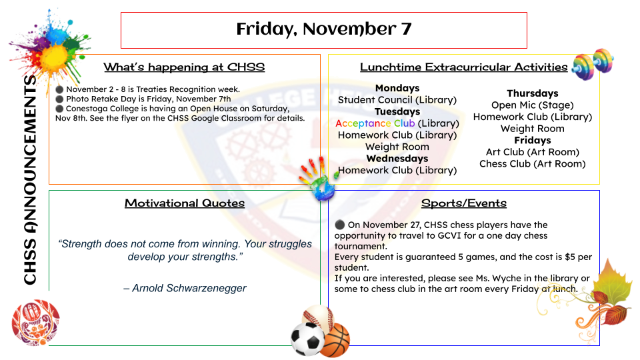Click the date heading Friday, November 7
[324, 29]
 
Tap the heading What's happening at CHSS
[184, 67]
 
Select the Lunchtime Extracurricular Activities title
[464, 67]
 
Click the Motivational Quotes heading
[185, 203]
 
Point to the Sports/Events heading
[464, 203]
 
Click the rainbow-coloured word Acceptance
[363, 123]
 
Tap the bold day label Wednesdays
[397, 159]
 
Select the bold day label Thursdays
[532, 93]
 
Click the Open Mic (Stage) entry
[532, 105]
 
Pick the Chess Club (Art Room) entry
[532, 164]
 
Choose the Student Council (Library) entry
[397, 100]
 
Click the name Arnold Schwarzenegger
[189, 288]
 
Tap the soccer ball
[307, 339]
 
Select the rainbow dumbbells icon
[593, 64]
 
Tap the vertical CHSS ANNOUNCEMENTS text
[30, 179]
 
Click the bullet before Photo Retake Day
[59, 99]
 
